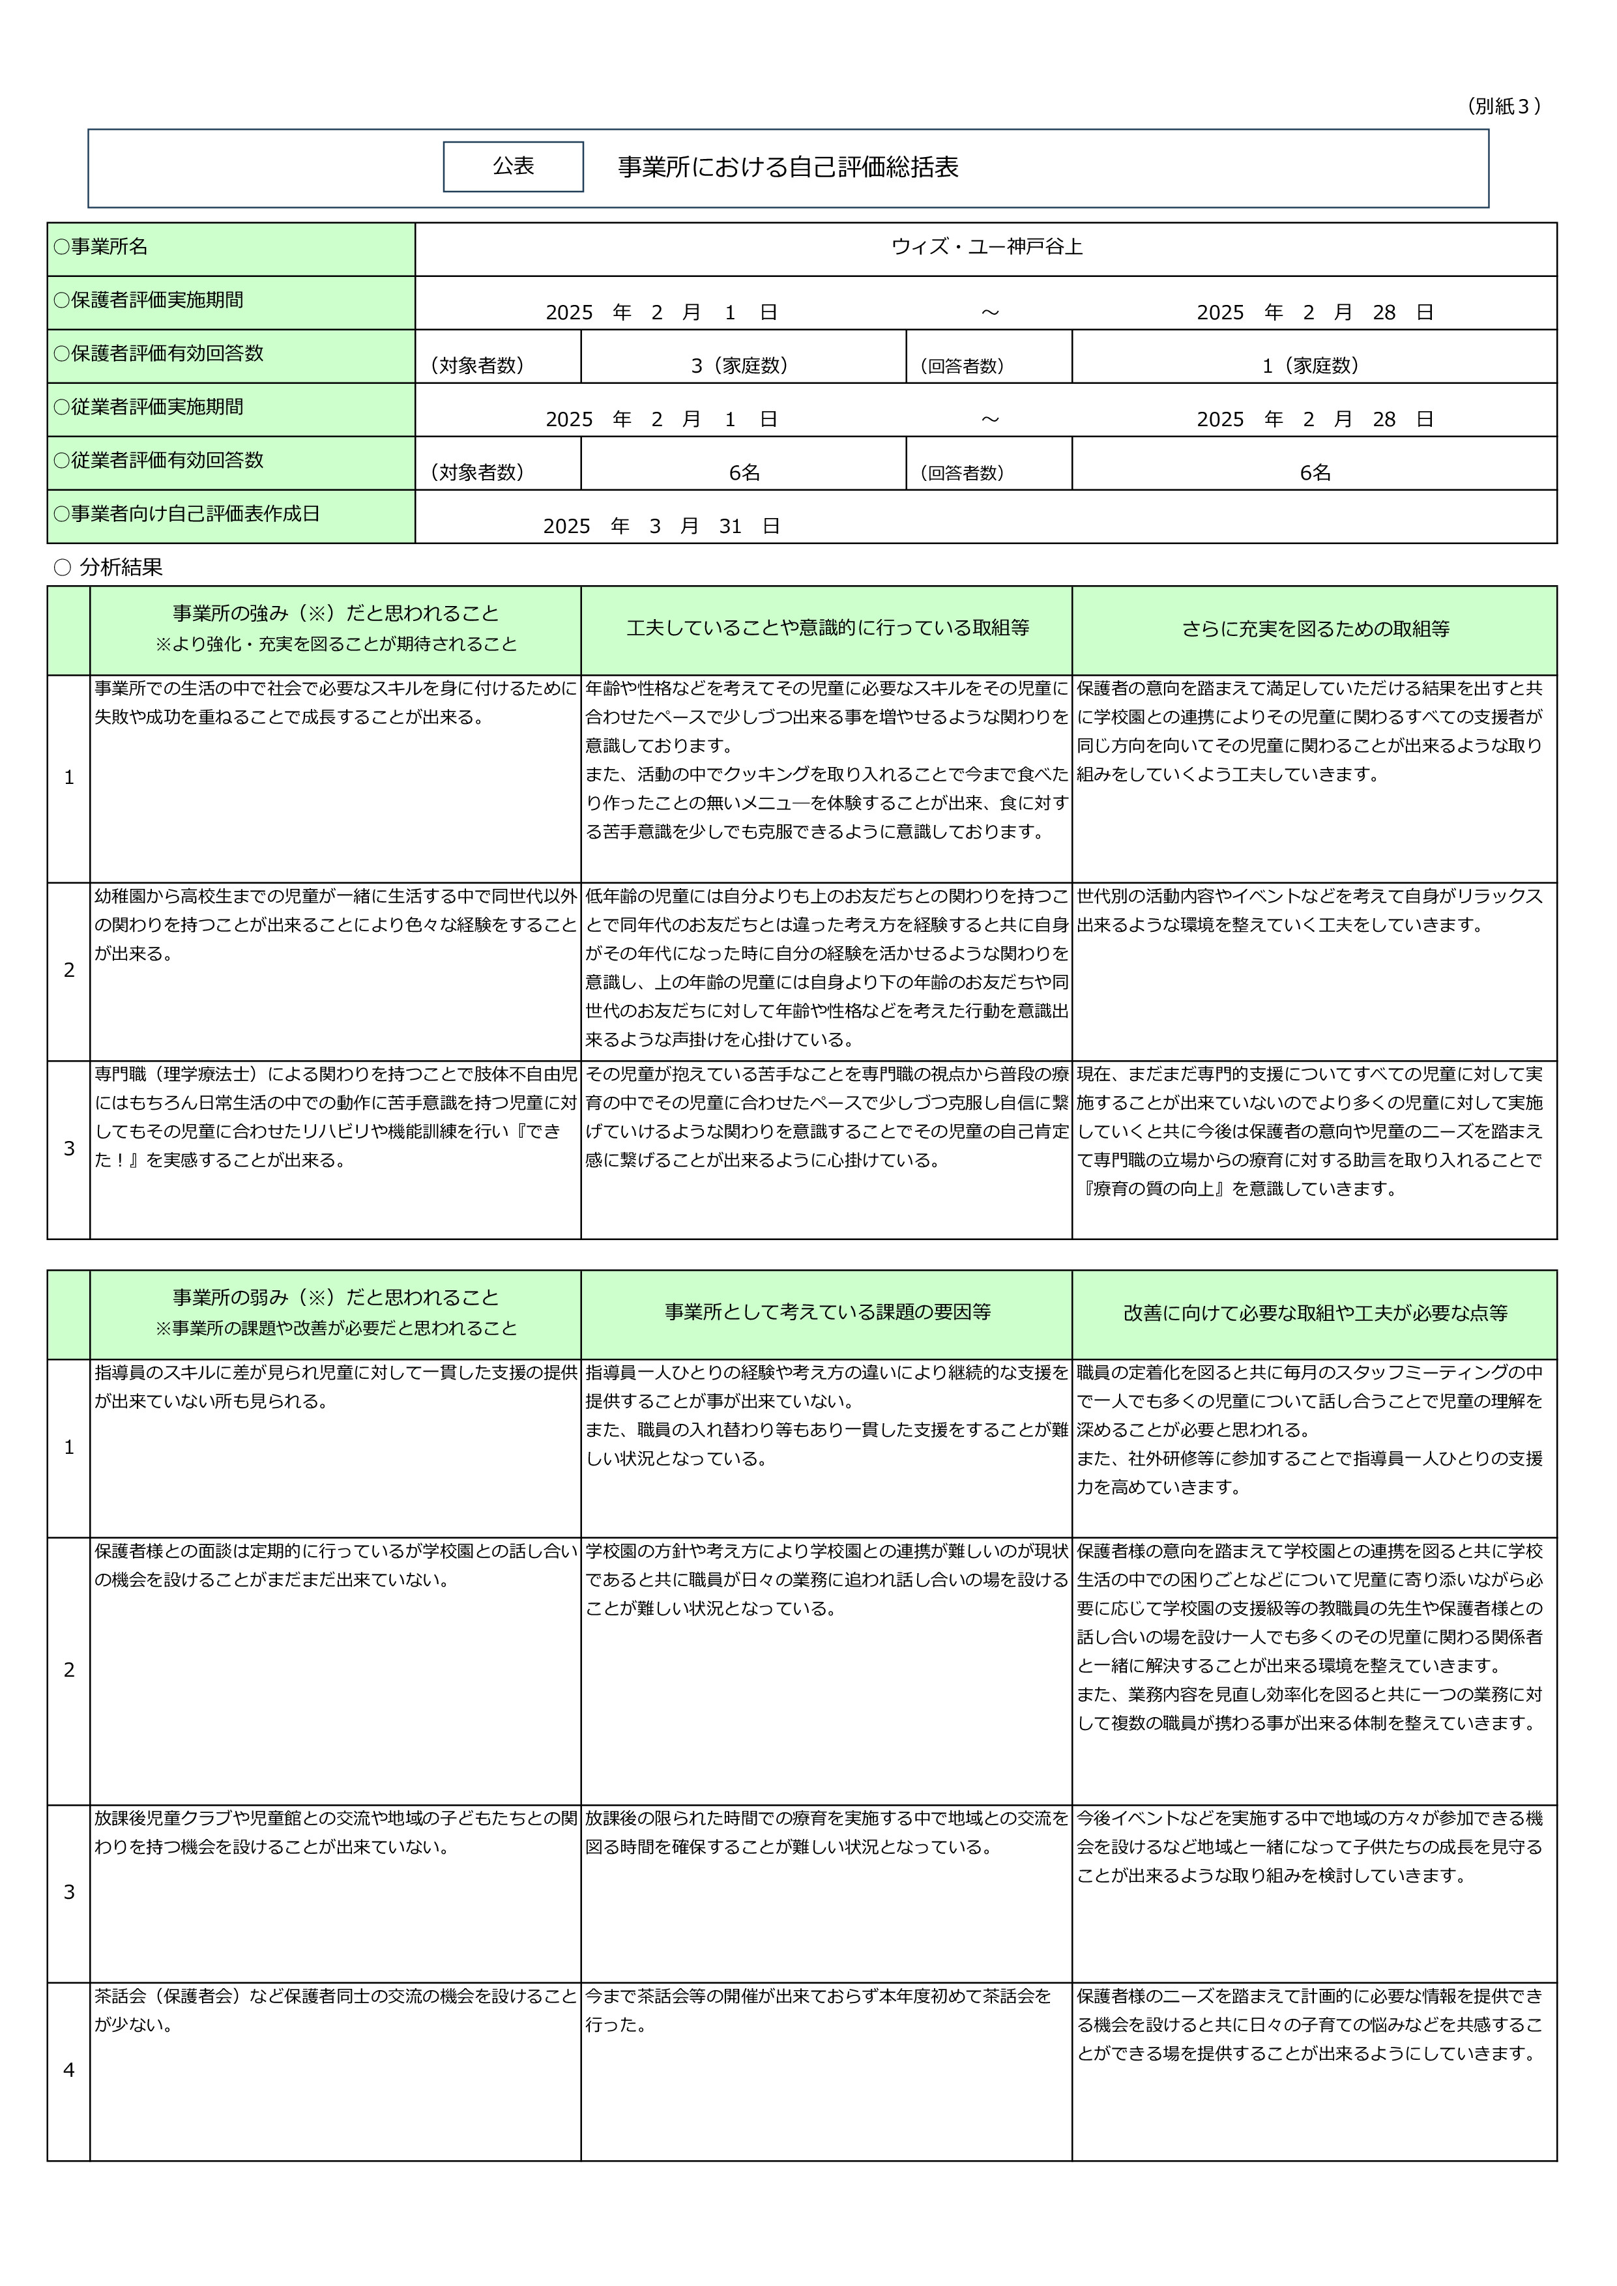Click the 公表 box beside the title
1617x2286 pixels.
[x=513, y=166]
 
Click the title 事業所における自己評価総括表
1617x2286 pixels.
[x=787, y=167]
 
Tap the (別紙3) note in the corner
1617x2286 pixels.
[x=1504, y=106]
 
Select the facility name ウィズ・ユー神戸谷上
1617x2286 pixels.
[x=985, y=247]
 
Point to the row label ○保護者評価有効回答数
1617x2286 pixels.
[x=158, y=353]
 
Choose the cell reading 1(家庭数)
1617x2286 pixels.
[x=1313, y=366]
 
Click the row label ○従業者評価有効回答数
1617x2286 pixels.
[x=158, y=460]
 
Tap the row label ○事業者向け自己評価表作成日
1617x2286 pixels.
[x=186, y=514]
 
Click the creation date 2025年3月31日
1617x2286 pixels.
[x=661, y=526]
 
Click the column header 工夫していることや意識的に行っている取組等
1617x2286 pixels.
[x=826, y=628]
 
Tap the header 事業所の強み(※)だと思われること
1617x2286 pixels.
[x=336, y=613]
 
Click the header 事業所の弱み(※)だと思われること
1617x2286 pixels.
[x=336, y=1297]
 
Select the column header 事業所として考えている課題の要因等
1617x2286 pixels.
[x=826, y=1312]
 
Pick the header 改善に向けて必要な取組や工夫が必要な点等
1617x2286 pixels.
[x=1315, y=1312]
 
